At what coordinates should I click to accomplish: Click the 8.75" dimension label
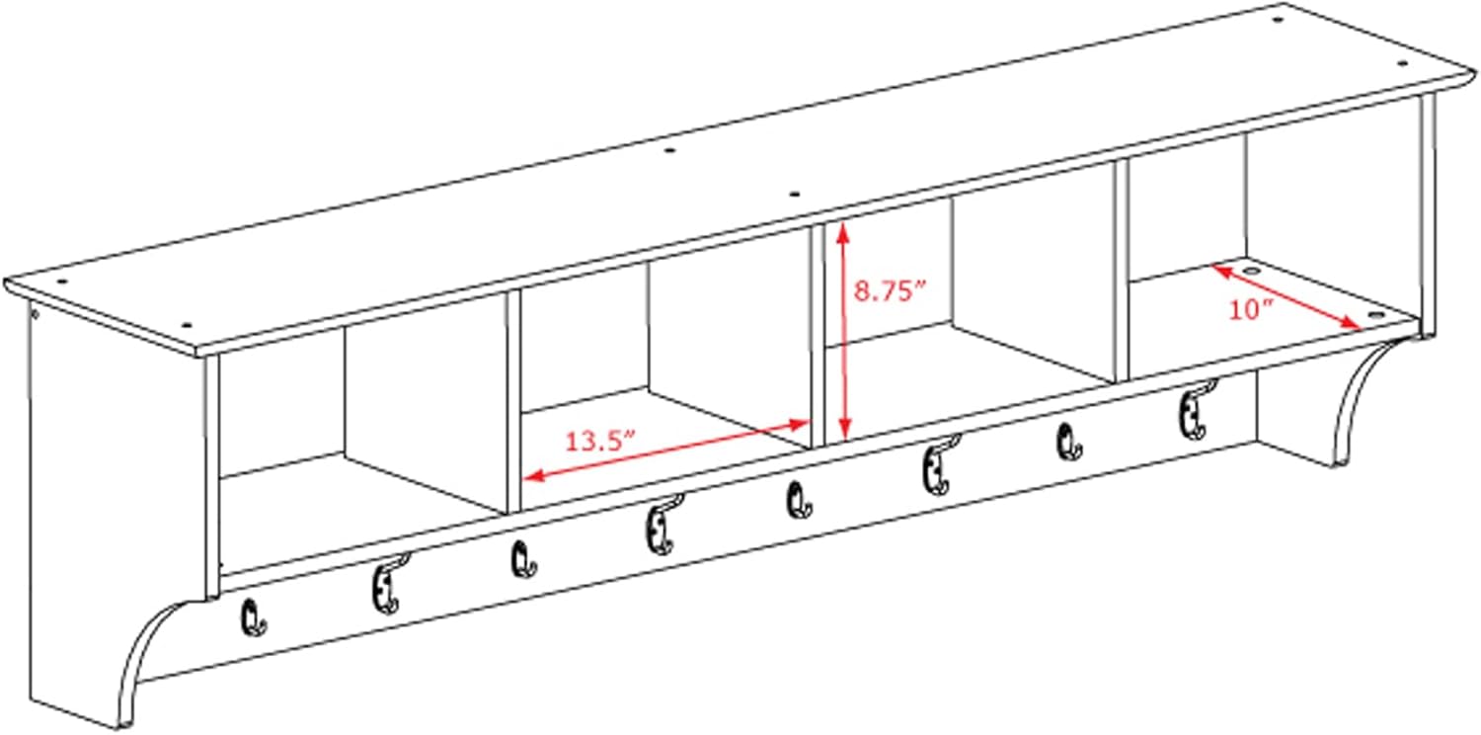[x=890, y=290]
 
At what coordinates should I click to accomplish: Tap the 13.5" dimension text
[x=600, y=441]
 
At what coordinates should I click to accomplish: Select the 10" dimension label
[x=1251, y=309]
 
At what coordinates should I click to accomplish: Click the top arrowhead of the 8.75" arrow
[x=842, y=232]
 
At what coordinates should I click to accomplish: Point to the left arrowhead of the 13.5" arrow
[x=533, y=474]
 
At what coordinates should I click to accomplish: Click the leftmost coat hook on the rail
[x=253, y=618]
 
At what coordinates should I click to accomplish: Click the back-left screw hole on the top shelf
[x=62, y=282]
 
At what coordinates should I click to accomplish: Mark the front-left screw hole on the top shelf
[x=187, y=325]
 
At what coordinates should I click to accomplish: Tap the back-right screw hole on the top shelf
[x=1278, y=20]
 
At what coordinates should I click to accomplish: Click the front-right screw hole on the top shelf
[x=1402, y=63]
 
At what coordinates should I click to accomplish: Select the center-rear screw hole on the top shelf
[x=669, y=151]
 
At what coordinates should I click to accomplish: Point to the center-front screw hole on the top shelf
[x=795, y=195]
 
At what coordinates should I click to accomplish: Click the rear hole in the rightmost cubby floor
[x=1250, y=271]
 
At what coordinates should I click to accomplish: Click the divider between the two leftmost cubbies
[x=513, y=401]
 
